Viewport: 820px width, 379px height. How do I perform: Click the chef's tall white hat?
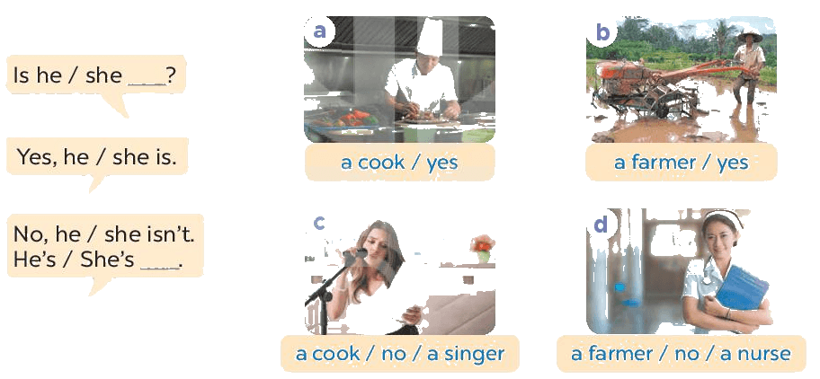tap(430, 38)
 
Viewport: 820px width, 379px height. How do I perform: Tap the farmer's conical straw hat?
tap(749, 37)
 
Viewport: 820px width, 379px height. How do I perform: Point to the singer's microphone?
tap(354, 255)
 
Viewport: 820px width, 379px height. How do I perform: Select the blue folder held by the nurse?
tap(742, 287)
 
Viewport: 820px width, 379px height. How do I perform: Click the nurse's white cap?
tap(724, 217)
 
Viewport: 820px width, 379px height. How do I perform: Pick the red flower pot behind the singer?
tap(483, 249)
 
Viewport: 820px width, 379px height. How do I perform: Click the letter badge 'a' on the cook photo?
tap(319, 31)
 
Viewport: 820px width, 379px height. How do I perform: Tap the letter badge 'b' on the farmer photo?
tap(602, 32)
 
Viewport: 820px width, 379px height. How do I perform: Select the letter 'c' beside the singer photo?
tap(318, 222)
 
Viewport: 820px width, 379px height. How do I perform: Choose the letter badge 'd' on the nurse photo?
tap(602, 224)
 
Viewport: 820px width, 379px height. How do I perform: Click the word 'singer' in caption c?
tap(473, 355)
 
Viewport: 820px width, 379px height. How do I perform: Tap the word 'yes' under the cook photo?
tap(441, 163)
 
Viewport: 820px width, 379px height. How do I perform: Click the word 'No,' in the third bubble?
tap(27, 234)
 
